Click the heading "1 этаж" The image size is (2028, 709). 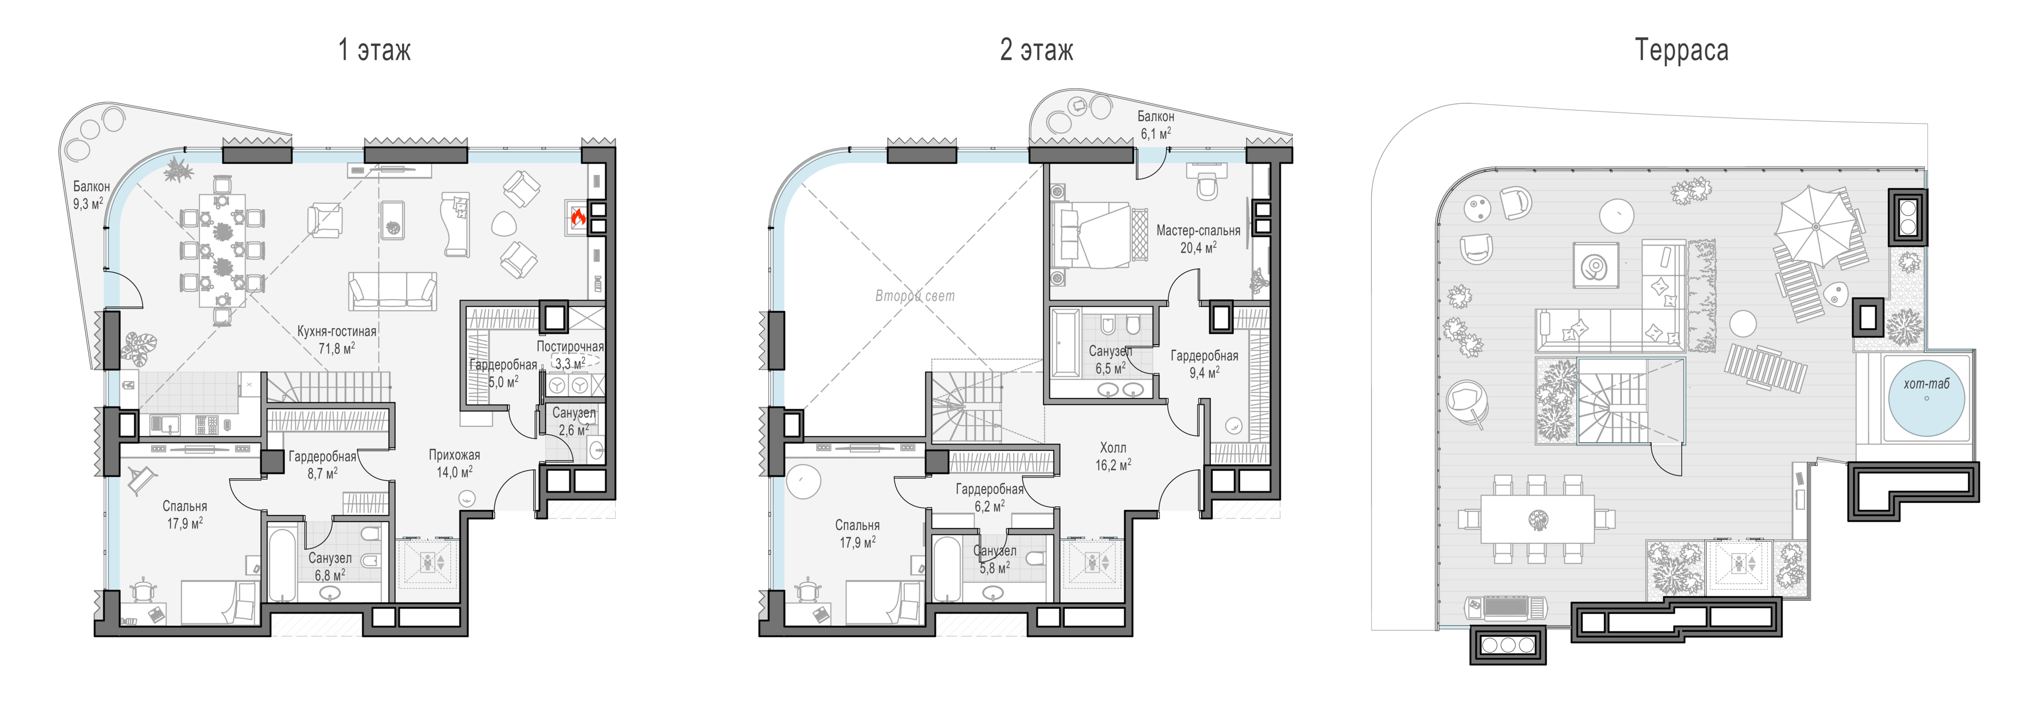(374, 50)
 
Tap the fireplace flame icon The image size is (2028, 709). (578, 217)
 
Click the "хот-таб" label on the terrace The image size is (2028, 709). (1927, 384)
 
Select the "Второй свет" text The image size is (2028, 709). (915, 296)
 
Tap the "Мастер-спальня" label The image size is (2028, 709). (1198, 231)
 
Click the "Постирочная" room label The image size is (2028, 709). (570, 346)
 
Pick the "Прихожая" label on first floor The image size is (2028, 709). (454, 455)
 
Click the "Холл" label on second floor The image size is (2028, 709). (1112, 447)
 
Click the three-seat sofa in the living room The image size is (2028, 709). (392, 290)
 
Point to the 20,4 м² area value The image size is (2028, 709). (1198, 247)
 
